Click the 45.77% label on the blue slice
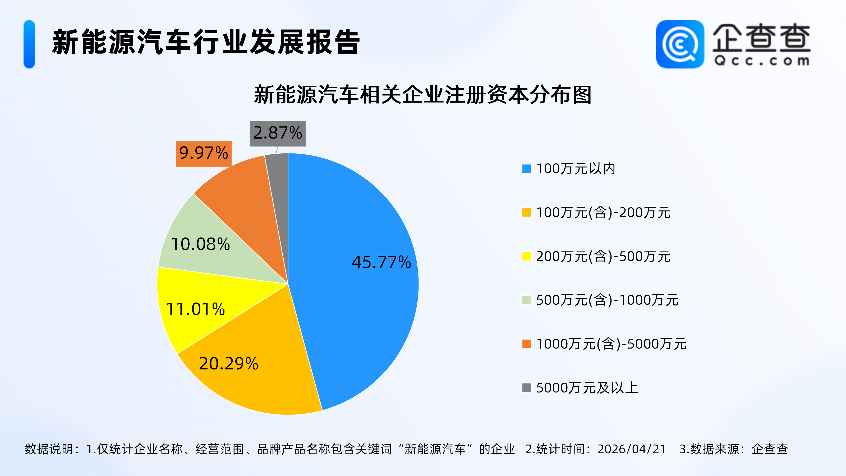click(381, 262)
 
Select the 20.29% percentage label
click(229, 364)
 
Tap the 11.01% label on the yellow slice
click(196, 309)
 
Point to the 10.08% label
click(200, 244)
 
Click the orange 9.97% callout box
click(204, 153)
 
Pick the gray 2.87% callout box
click(278, 133)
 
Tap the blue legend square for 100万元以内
click(526, 168)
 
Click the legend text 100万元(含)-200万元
click(603, 213)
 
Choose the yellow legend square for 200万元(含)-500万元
click(526, 256)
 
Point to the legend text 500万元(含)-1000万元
click(607, 300)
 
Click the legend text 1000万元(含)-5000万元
click(611, 344)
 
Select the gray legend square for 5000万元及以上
click(526, 388)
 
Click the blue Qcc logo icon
click(680, 44)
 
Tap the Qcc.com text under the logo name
click(762, 61)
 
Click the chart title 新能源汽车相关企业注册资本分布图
click(423, 95)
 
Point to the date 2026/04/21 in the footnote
click(631, 449)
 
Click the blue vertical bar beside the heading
click(29, 44)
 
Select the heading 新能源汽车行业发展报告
click(206, 42)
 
